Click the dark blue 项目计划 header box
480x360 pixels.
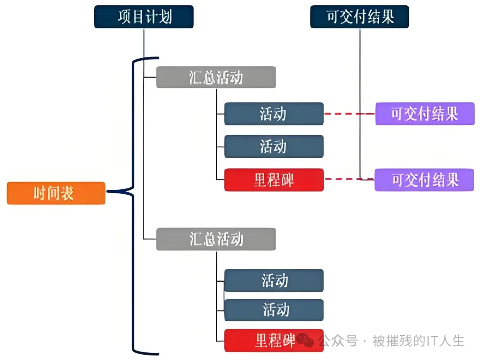coord(144,17)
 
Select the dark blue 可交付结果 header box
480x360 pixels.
coord(359,17)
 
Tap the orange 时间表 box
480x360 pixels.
coord(56,193)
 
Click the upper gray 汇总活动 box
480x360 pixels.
coord(216,77)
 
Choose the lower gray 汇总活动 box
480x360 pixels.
coord(216,239)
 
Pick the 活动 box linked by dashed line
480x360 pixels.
coord(274,114)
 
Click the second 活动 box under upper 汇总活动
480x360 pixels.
coord(274,147)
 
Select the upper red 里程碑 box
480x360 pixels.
coord(274,180)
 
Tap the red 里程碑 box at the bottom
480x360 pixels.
coord(274,340)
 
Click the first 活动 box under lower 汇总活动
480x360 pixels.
coord(274,280)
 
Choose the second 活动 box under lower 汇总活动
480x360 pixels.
coord(274,310)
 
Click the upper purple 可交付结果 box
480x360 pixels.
coord(424,114)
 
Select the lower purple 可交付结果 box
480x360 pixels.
coord(424,180)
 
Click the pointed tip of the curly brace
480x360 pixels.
coord(109,192)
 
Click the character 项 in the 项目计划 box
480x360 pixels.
coord(125,17)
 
